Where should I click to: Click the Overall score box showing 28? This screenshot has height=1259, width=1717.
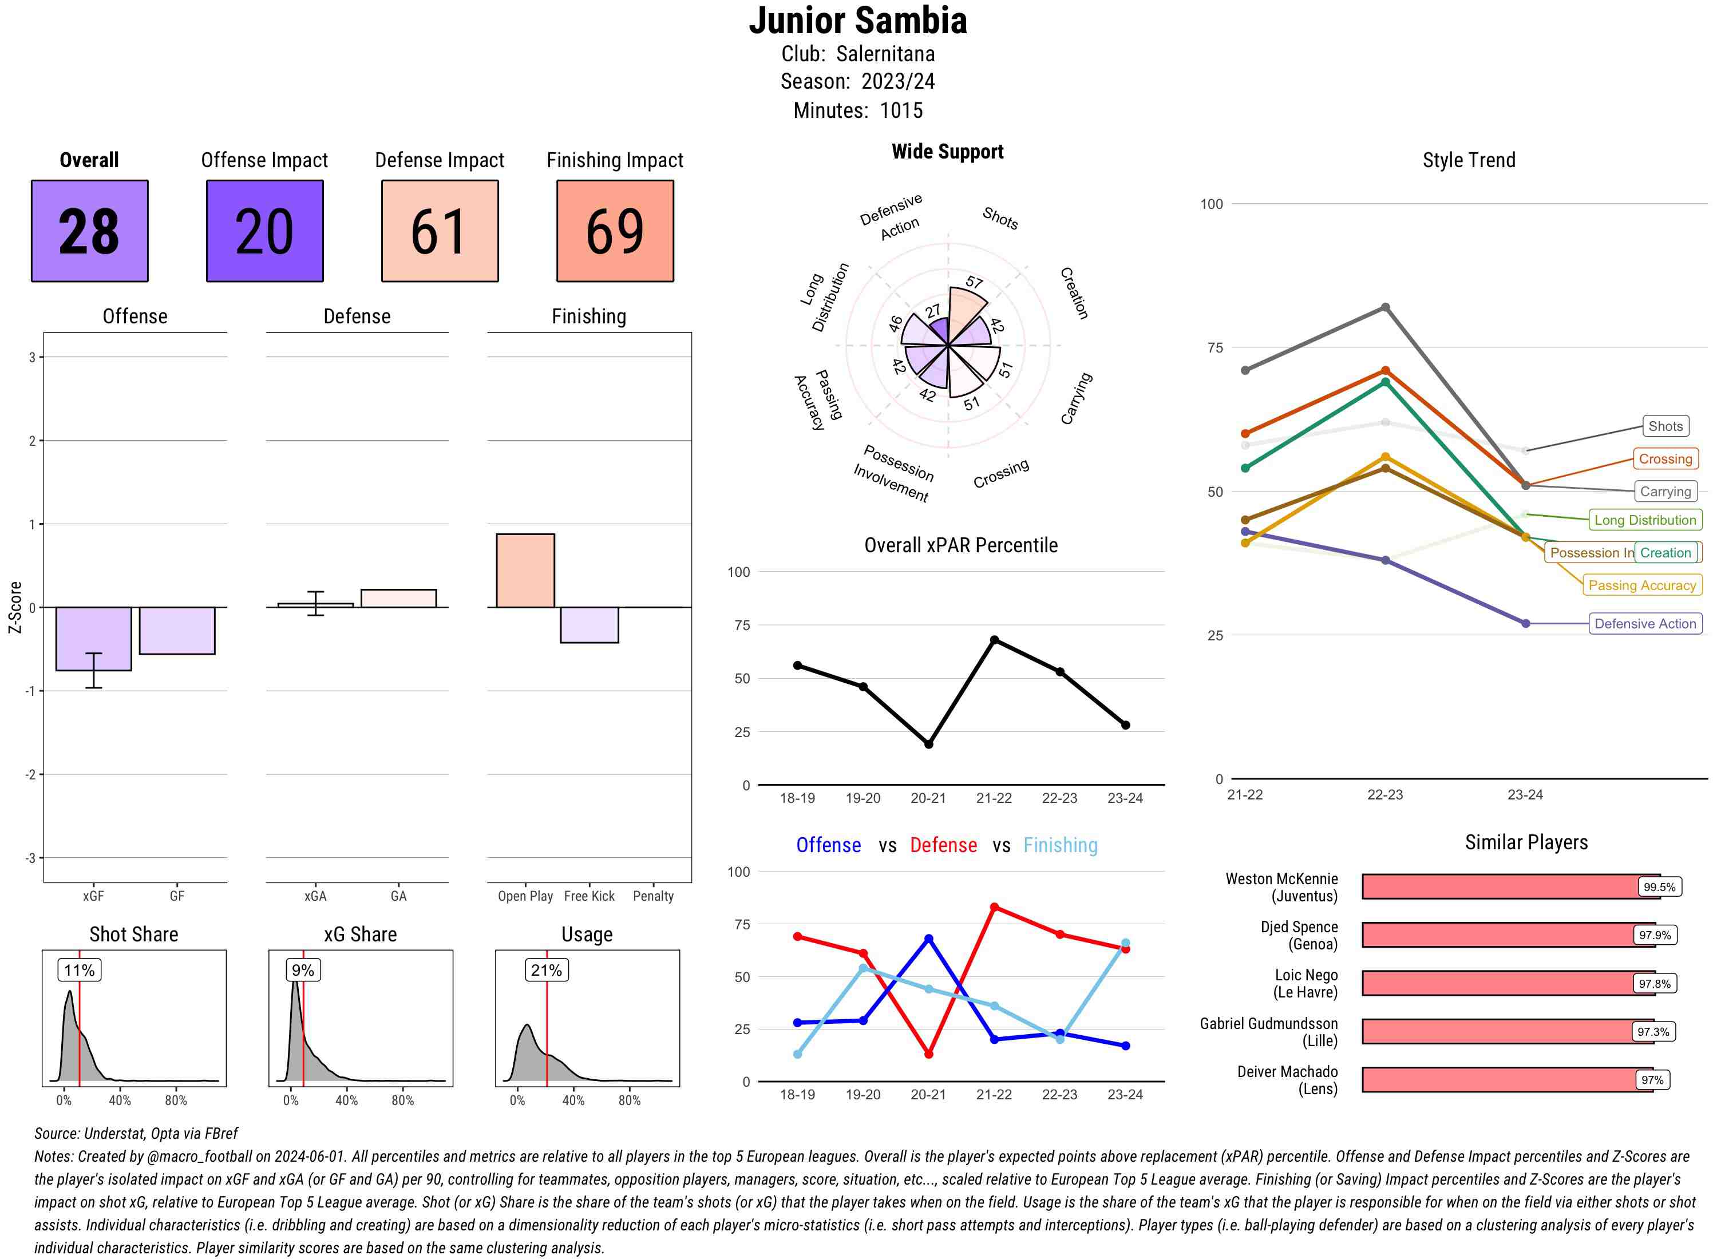[89, 231]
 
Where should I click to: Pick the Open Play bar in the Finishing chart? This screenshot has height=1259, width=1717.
[525, 571]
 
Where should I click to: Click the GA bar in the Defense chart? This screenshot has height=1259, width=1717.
[398, 598]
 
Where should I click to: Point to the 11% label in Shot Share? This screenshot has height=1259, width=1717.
[79, 970]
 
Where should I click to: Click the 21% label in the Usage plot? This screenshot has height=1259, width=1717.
[547, 970]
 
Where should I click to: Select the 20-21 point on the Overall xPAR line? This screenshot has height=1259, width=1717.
[928, 744]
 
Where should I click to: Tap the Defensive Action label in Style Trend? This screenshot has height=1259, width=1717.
[1645, 623]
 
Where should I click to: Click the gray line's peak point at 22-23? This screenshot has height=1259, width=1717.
[1384, 307]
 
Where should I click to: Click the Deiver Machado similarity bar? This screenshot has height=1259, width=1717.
[1506, 1079]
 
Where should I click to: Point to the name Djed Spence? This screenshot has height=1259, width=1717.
[1299, 927]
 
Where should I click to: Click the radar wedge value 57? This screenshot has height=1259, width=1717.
[974, 283]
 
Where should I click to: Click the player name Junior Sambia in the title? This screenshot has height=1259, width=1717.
[857, 21]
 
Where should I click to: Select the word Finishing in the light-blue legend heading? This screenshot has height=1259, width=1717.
[1060, 845]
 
